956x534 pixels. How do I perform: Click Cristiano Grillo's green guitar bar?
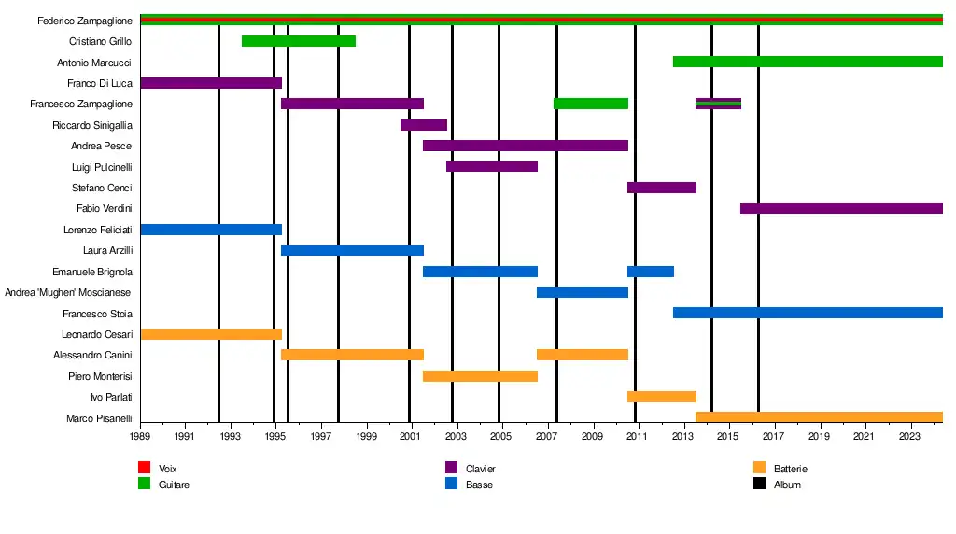pyautogui.click(x=298, y=41)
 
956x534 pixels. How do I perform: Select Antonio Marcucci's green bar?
pyautogui.click(x=808, y=62)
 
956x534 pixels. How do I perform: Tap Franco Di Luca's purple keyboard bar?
pyautogui.click(x=210, y=83)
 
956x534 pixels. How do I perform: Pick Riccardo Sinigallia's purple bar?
pyautogui.click(x=424, y=125)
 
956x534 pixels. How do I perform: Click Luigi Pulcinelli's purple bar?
pyautogui.click(x=492, y=166)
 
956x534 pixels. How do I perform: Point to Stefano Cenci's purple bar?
pyautogui.click(x=662, y=188)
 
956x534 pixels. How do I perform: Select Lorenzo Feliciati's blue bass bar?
pyautogui.click(x=210, y=230)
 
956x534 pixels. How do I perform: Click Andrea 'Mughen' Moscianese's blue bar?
pyautogui.click(x=583, y=292)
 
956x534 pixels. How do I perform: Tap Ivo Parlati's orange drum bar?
pyautogui.click(x=662, y=397)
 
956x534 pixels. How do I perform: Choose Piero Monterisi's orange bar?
pyautogui.click(x=480, y=376)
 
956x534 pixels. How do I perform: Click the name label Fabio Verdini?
pyautogui.click(x=104, y=208)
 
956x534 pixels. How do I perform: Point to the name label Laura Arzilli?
pyautogui.click(x=107, y=250)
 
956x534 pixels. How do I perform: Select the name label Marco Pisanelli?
pyautogui.click(x=99, y=418)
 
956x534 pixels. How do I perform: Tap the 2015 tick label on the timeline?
pyautogui.click(x=728, y=436)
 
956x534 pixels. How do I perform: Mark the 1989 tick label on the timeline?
pyautogui.click(x=140, y=436)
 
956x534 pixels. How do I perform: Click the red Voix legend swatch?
pyautogui.click(x=144, y=468)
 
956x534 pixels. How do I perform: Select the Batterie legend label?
pyautogui.click(x=790, y=469)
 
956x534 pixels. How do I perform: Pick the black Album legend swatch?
pyautogui.click(x=759, y=484)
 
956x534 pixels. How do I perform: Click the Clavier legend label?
pyautogui.click(x=480, y=469)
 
